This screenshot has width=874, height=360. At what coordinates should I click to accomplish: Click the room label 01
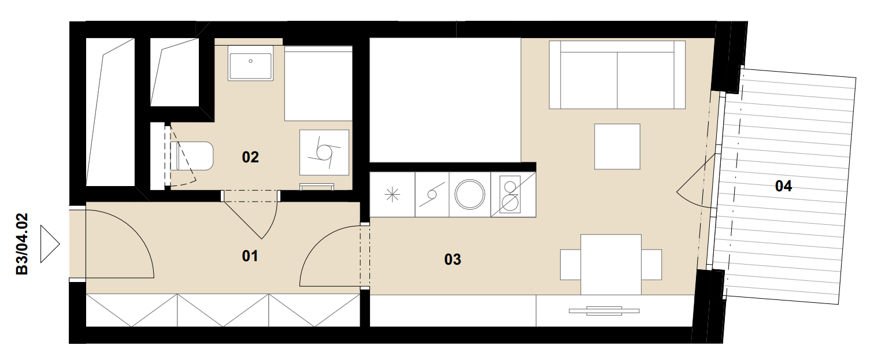click(250, 256)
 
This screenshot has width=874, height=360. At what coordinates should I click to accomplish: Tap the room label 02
click(250, 157)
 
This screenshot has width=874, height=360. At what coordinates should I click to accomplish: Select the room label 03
click(453, 259)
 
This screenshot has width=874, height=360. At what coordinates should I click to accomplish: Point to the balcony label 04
click(783, 186)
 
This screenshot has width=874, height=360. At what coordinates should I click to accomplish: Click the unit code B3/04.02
click(22, 244)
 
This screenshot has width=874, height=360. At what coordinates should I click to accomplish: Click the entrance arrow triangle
click(50, 244)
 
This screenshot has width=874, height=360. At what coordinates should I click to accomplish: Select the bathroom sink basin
click(250, 64)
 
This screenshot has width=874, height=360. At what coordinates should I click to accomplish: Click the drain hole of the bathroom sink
click(250, 61)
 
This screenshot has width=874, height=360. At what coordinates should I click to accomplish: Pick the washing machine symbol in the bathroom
click(324, 153)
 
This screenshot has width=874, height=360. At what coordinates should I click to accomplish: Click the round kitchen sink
click(470, 194)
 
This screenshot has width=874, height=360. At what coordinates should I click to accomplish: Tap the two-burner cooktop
click(510, 194)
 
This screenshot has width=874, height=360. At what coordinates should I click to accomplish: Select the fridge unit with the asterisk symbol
click(392, 194)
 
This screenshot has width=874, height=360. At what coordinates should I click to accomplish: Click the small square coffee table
click(617, 147)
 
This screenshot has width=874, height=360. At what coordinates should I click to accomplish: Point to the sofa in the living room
click(617, 75)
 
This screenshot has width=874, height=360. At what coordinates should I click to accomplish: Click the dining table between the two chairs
click(611, 265)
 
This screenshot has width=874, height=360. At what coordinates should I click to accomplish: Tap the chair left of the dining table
click(571, 265)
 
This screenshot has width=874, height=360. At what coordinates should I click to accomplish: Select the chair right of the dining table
click(651, 265)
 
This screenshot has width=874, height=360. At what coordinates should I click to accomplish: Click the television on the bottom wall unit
click(604, 311)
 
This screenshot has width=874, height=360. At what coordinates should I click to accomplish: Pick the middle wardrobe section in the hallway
click(223, 310)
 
